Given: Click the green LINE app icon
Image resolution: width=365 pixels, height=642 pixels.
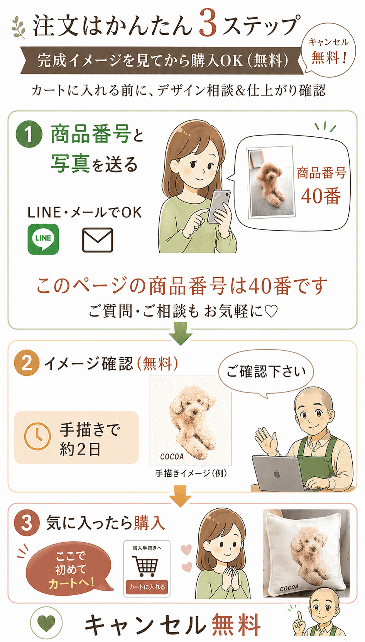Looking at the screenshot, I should [43, 239].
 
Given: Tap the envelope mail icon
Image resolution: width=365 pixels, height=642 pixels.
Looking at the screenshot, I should [98, 240].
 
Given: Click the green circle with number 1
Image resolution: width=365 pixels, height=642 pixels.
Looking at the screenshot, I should [29, 134].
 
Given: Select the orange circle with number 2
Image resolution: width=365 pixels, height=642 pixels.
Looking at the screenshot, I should [27, 363].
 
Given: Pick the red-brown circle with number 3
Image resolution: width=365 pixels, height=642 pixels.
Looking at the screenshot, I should [27, 523].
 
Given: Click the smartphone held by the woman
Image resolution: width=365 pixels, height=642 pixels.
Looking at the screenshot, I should [219, 207].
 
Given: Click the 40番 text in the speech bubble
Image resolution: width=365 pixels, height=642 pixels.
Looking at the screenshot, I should [321, 196].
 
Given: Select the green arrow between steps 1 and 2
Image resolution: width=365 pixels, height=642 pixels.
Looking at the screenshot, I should [181, 333].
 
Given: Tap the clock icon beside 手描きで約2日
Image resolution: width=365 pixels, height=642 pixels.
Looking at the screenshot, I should [37, 436].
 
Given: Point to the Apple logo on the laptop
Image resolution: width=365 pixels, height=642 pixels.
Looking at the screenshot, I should [277, 474].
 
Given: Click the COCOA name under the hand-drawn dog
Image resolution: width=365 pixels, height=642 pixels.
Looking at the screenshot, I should [172, 457].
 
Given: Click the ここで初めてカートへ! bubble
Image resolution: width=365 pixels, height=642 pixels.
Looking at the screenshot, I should [69, 570].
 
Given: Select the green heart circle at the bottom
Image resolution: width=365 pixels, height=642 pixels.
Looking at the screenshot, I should [46, 623].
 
